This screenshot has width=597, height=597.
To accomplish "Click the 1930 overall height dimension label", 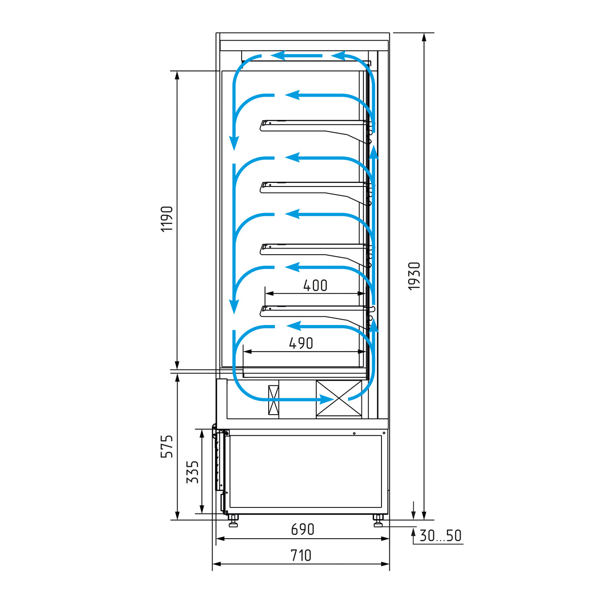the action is tap(414, 276).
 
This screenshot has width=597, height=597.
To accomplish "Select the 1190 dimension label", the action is tap(167, 219).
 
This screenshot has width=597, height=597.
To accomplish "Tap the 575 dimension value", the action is tap(167, 446).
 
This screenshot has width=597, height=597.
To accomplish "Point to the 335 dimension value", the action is tap(192, 472).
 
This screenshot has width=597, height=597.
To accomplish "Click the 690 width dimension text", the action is tap(303, 529).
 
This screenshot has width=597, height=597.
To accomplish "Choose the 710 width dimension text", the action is tap(301, 555).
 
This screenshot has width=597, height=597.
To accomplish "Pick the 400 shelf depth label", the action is tap(315, 285).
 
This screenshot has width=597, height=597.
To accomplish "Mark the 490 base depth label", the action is tap(301, 343).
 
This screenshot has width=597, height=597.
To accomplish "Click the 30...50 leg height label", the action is tap(440, 535).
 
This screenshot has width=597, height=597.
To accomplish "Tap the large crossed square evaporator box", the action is tap(339, 398).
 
